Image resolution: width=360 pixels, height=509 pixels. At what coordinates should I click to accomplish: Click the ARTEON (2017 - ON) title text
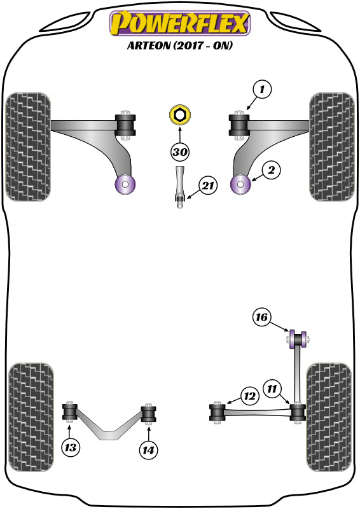pos(180,46)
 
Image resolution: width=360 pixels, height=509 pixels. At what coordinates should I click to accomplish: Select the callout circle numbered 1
pos(261,90)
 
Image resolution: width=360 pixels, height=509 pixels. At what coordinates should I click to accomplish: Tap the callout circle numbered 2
pos(270,170)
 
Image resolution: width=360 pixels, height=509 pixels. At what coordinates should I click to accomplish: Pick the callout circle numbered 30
pos(180,152)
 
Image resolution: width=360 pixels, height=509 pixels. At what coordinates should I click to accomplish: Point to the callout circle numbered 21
pos(207,186)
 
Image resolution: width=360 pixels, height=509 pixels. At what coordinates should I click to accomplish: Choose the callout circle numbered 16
pos(262,317)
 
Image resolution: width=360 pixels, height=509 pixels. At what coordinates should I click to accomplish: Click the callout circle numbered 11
pos(272,387)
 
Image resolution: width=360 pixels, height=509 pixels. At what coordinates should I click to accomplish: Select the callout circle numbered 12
pos(249,396)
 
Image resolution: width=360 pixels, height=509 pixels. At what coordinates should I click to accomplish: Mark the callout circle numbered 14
pos(149,449)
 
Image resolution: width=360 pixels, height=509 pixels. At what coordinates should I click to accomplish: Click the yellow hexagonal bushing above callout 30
pos(180,116)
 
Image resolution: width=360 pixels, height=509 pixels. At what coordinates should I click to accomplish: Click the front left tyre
pos(27,146)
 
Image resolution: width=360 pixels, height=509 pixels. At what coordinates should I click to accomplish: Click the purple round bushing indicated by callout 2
pos(242,185)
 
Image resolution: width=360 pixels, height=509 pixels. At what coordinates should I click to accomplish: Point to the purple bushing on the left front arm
pos(125,185)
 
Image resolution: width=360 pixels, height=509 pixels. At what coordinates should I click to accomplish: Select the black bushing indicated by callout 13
pos(70,412)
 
